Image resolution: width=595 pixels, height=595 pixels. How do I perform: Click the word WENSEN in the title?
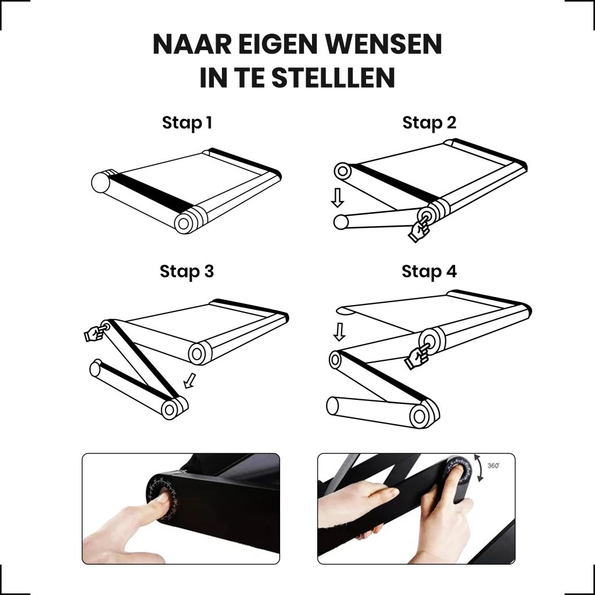pos(383,44)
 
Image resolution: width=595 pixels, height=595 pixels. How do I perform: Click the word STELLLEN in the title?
pos(333,78)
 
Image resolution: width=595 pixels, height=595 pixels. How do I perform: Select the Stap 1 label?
pos(187,123)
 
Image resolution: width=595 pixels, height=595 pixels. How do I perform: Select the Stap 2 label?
pos(429,123)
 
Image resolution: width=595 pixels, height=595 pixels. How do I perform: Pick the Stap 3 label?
pos(187,272)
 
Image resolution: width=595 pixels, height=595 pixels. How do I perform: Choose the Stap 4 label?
pos(429,272)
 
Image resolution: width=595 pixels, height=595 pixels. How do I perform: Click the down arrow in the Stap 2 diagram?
pos(337,198)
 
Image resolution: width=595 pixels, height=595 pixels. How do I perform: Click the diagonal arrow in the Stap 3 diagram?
pos(190,381)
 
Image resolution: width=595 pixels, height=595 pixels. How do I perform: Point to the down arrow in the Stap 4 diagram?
pos(339,332)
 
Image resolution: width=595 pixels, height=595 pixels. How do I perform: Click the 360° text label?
pos(493,465)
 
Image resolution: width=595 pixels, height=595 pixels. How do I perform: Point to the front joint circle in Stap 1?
pos(184,224)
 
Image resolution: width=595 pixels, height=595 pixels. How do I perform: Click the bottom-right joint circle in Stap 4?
pos(420,416)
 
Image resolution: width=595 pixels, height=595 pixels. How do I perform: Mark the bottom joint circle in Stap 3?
pos(170,409)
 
